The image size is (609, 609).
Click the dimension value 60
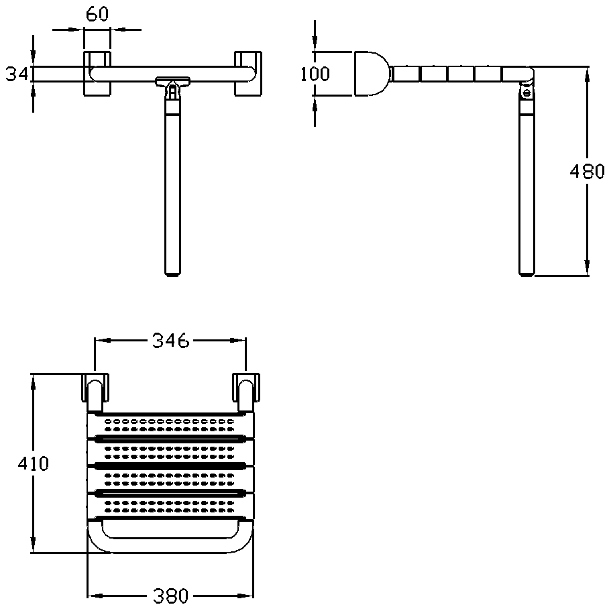click(x=97, y=15)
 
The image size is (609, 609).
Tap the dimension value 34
click(x=15, y=74)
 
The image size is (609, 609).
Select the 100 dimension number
click(x=315, y=73)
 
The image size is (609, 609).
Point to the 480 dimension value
click(x=587, y=172)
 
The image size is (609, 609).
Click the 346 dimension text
click(x=169, y=341)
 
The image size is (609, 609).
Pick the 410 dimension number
click(x=33, y=463)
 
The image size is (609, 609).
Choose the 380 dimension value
click(x=169, y=596)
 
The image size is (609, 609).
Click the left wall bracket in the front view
click(x=97, y=73)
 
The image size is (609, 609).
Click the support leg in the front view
click(x=173, y=188)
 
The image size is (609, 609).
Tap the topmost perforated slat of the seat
click(x=172, y=424)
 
